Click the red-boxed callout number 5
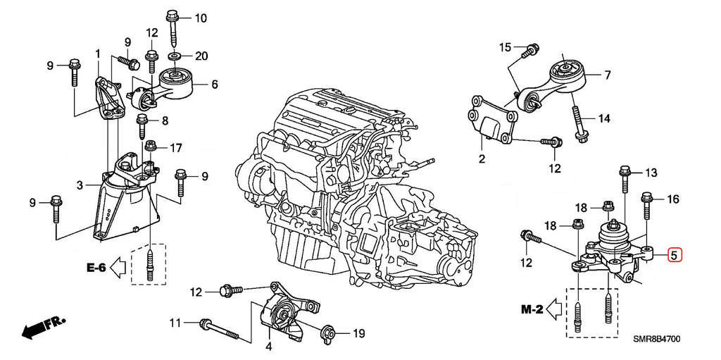(x=675, y=255)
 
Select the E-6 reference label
(x=96, y=267)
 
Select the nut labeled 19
(x=328, y=333)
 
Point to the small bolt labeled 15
(x=531, y=50)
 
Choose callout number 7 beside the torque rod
(x=608, y=75)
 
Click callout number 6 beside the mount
(x=214, y=84)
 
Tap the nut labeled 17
(x=150, y=147)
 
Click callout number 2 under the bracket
(x=482, y=160)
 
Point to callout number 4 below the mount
(x=268, y=347)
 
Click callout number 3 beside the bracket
(x=80, y=185)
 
